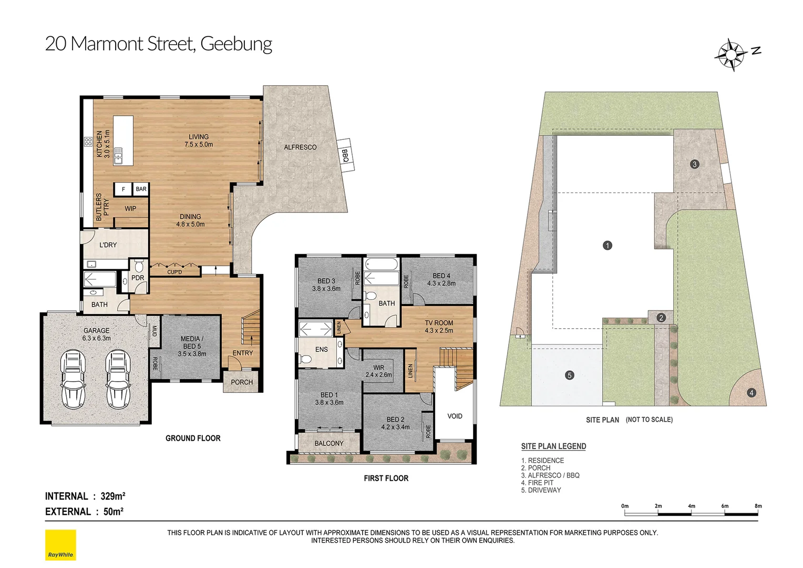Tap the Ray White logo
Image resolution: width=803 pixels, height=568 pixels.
point(60,545)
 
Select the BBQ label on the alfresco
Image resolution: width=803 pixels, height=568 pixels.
point(345,156)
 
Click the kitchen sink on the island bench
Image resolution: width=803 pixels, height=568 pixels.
point(118,156)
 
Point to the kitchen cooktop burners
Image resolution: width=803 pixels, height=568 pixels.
point(88,141)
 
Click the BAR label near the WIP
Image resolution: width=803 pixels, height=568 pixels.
point(141,189)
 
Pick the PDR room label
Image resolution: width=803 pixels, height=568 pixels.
point(138,278)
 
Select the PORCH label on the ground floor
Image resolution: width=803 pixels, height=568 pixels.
point(242,382)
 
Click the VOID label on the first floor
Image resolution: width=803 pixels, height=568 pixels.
point(455,416)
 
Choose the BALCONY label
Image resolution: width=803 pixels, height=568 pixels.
point(329,443)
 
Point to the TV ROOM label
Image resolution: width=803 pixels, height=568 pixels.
point(439,323)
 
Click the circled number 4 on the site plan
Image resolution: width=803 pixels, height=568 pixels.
point(751,392)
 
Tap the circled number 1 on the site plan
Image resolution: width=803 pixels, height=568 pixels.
point(608,246)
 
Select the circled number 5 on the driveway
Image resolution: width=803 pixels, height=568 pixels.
point(569,376)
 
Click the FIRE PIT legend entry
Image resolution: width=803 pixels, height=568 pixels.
point(538,483)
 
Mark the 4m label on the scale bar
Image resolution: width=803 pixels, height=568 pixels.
point(692,506)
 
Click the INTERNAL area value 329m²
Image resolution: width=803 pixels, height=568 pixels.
point(113,496)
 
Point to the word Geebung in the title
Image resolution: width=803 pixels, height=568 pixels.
point(236,44)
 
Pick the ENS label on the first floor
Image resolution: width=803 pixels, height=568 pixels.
point(321,350)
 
